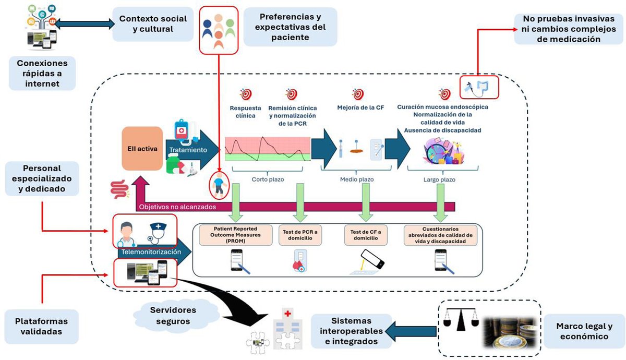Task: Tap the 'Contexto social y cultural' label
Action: (x=153, y=25)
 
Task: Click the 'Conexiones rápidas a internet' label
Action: (x=42, y=73)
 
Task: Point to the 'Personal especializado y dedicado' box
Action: (x=42, y=179)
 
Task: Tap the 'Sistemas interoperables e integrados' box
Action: (x=351, y=331)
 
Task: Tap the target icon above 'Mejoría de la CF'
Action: (x=358, y=94)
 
